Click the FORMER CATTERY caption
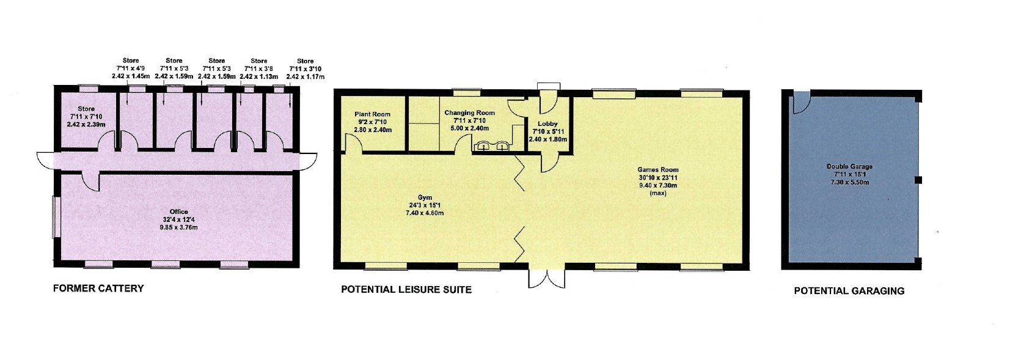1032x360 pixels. (98, 288)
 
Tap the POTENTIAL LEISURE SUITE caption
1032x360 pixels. (406, 290)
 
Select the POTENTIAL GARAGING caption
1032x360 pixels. (849, 291)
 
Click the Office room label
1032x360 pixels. (178, 219)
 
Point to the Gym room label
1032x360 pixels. (425, 205)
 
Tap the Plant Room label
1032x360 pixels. (372, 122)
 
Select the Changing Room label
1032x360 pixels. (469, 120)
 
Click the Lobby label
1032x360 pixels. (547, 131)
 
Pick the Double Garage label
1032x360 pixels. (849, 174)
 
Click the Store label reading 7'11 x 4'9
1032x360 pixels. (131, 68)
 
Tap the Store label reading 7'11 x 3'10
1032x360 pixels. (305, 68)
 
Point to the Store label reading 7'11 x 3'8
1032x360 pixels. (259, 68)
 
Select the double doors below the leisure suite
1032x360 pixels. (546, 278)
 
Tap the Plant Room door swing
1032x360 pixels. (354, 142)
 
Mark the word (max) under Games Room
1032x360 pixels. (658, 193)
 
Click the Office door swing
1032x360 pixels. (91, 181)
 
